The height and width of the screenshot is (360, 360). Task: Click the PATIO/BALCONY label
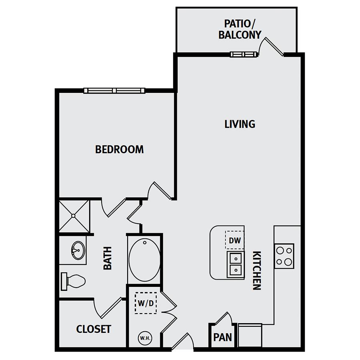point(240,29)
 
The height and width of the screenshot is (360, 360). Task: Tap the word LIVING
point(240,124)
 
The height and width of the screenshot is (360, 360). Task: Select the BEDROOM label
point(119,150)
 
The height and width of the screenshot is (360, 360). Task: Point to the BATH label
point(108,258)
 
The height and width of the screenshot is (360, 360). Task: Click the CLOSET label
point(94,329)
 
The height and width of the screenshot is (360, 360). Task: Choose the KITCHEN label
point(257,270)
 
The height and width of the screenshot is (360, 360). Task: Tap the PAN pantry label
point(222,337)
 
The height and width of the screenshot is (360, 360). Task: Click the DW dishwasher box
point(235,240)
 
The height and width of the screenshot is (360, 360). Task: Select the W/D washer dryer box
point(146,303)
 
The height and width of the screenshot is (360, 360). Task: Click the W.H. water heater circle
point(145,338)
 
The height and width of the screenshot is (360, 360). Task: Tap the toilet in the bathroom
point(73,281)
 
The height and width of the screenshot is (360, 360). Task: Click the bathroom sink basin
point(78,250)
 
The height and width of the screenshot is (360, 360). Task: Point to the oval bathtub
point(144,260)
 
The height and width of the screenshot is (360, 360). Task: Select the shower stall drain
point(73,216)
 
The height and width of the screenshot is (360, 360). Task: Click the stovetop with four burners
point(284,256)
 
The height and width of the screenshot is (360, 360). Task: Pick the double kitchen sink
point(236,264)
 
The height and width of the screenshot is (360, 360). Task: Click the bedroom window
point(114,90)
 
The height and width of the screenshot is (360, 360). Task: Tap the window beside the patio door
point(244,54)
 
